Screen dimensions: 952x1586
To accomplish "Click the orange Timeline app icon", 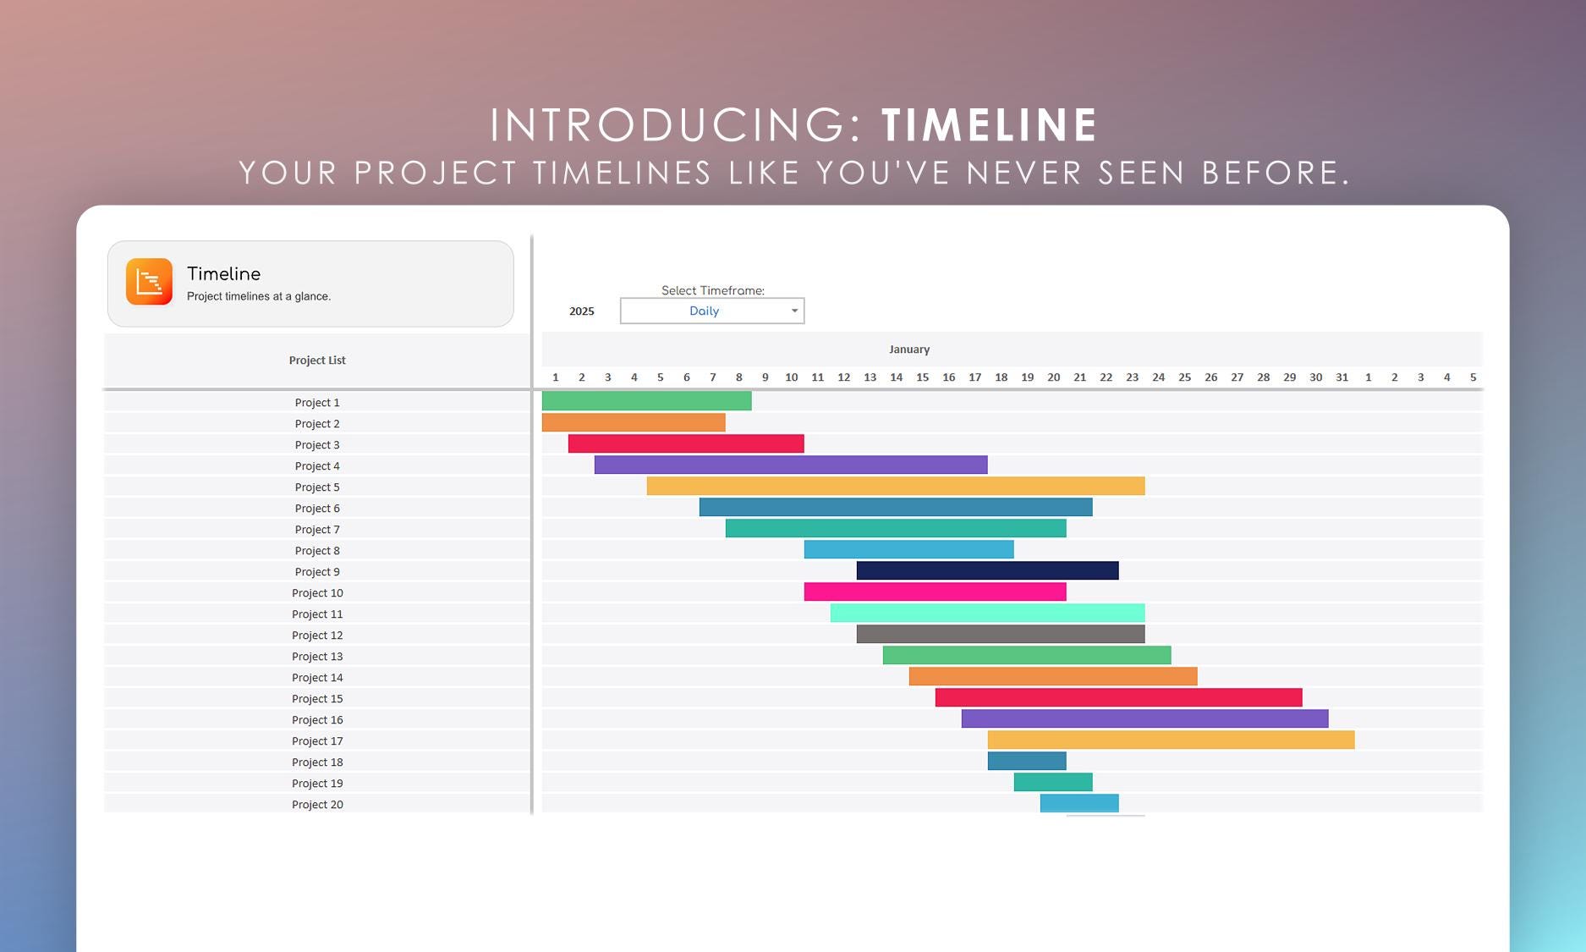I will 149,281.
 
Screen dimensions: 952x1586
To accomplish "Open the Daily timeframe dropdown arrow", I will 794,311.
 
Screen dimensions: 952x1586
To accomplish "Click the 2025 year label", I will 582,311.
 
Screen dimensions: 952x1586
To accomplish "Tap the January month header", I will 908,349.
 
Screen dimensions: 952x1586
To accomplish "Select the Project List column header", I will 317,360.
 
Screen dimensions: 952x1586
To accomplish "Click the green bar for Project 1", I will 646,401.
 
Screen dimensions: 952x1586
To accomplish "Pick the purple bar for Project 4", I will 790,465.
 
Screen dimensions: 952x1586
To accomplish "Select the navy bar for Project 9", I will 987,570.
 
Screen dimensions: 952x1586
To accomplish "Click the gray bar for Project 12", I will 1000,634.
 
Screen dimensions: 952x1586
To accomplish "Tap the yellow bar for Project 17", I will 1171,740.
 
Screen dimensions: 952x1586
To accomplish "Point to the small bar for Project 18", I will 1026,761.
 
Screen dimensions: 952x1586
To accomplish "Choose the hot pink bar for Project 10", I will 935,592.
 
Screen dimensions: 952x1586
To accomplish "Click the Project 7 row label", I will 317,530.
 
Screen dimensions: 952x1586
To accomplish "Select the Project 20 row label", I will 317,805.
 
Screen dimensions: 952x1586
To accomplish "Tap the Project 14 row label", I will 317,678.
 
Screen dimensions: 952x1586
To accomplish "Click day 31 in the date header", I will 1342,377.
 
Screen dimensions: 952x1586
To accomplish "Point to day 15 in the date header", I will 922,377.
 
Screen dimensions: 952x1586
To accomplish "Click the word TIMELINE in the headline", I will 989,125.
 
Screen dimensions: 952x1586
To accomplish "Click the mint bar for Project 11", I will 987,613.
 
